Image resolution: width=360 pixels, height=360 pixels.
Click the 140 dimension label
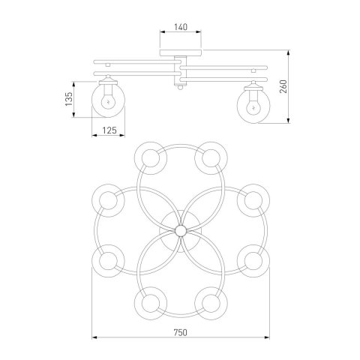[181, 27]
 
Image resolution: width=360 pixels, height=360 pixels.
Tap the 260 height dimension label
[283, 86]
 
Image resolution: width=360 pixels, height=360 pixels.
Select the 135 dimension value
[69, 99]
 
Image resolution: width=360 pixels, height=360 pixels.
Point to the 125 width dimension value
[109, 130]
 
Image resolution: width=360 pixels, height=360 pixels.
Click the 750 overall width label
[180, 332]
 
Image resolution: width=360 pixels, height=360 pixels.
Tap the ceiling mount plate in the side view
[181, 52]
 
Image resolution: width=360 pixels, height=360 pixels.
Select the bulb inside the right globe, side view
[253, 106]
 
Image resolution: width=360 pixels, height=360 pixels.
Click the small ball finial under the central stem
[180, 87]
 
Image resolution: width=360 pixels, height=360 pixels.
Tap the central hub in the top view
[180, 231]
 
